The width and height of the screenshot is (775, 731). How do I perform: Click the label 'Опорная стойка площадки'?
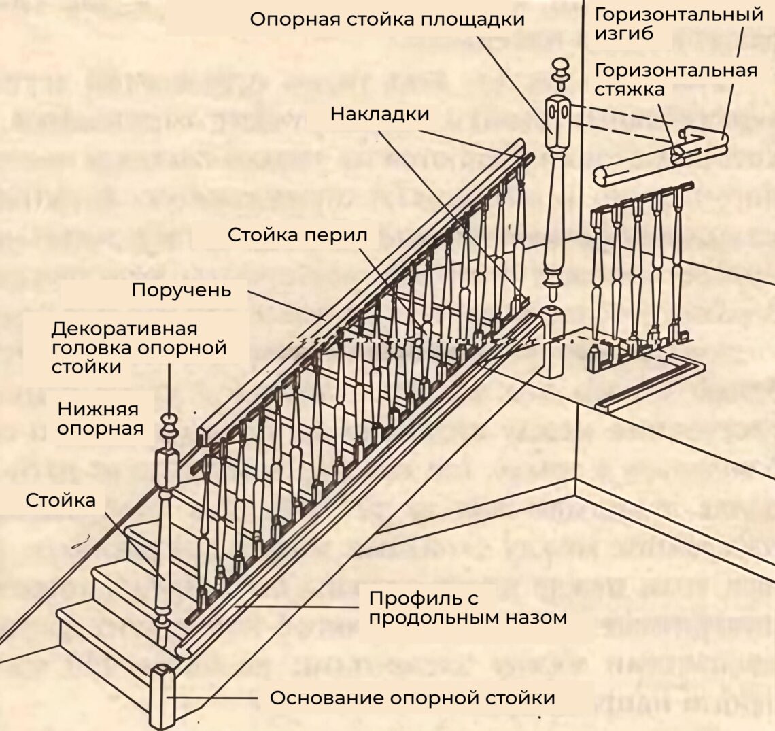click(387, 18)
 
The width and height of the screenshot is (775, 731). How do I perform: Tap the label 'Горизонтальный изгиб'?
click(678, 24)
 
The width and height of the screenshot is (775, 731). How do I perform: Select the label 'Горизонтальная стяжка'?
click(675, 79)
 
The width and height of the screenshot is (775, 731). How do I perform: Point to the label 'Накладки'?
click(379, 114)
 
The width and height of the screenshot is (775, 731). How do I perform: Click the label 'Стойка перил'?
click(297, 235)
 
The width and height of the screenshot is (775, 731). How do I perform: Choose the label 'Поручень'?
click(182, 290)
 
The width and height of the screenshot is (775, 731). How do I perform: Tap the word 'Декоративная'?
click(124, 328)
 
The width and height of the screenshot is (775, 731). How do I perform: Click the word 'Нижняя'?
click(98, 409)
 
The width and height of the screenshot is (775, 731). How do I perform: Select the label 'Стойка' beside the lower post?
click(61, 500)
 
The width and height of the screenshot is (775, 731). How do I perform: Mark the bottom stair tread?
click(116, 622)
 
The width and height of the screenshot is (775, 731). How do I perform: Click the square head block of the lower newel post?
click(167, 469)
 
